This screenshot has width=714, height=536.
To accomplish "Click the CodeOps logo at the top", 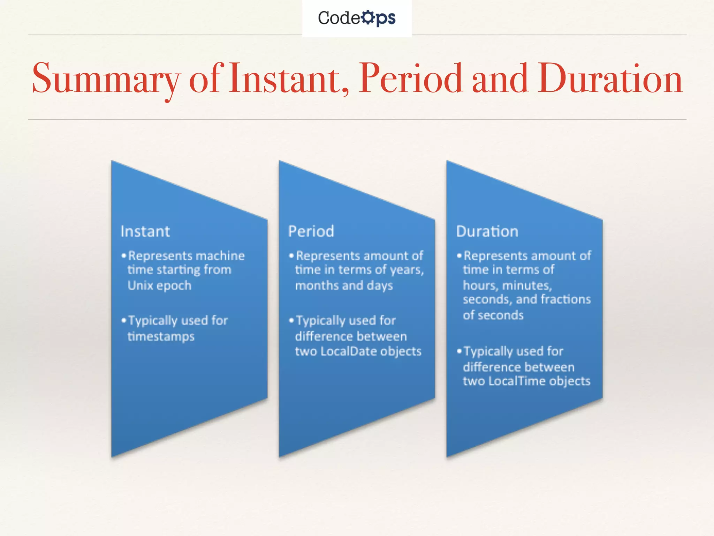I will [357, 18].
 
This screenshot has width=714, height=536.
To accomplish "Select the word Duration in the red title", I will [610, 79].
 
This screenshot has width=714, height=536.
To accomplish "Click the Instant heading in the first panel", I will [145, 231].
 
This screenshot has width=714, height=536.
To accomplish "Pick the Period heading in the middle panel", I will [311, 231].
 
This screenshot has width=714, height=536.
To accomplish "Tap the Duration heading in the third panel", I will [487, 231].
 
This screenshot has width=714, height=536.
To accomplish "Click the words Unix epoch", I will [159, 286].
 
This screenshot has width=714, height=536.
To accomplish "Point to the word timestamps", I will [161, 337].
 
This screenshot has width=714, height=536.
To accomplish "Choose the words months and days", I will [344, 286].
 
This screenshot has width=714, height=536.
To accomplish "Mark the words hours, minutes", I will [507, 286].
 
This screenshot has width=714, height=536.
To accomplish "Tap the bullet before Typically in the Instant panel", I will [123, 320].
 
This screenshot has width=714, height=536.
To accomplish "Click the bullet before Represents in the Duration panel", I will [459, 256].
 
